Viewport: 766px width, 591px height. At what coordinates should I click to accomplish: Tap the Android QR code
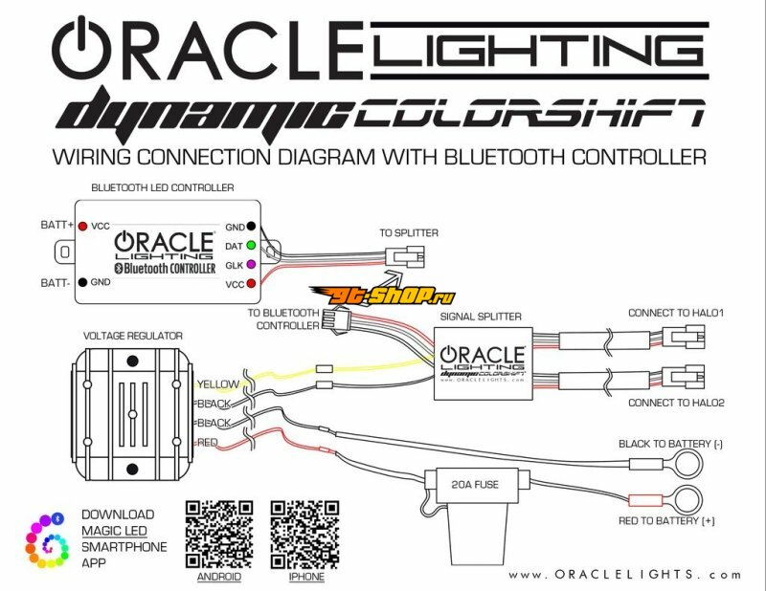[218, 533]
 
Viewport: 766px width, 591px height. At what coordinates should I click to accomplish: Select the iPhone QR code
[304, 533]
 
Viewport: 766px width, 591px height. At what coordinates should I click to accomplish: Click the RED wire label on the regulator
[207, 443]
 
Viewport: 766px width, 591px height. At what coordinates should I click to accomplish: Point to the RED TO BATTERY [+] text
[667, 519]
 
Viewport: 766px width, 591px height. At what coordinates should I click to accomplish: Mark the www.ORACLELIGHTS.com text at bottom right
[624, 575]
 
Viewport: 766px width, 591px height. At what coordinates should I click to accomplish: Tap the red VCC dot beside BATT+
[84, 227]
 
